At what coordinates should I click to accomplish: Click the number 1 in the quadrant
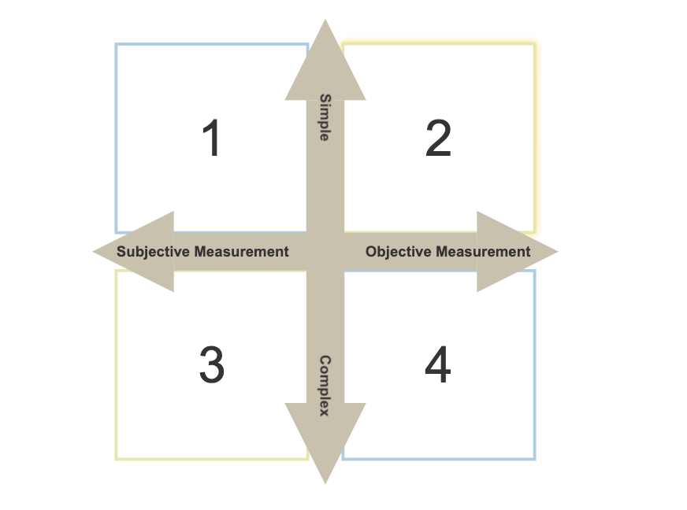pyautogui.click(x=211, y=139)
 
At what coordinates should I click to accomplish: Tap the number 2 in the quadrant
pyautogui.click(x=437, y=139)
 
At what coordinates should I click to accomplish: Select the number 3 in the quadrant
pyautogui.click(x=211, y=366)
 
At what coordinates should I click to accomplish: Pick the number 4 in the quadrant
pyautogui.click(x=437, y=366)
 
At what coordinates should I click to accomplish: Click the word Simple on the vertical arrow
pyautogui.click(x=325, y=117)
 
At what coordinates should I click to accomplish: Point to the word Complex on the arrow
pyautogui.click(x=325, y=386)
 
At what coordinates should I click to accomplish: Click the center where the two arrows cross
pyautogui.click(x=325, y=252)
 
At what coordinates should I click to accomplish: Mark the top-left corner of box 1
pyautogui.click(x=116, y=44)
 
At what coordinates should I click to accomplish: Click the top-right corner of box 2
pyautogui.click(x=535, y=44)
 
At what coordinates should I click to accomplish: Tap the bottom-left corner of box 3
pyautogui.click(x=116, y=458)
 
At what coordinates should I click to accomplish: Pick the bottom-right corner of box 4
pyautogui.click(x=535, y=459)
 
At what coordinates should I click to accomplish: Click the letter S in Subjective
pyautogui.click(x=121, y=252)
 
